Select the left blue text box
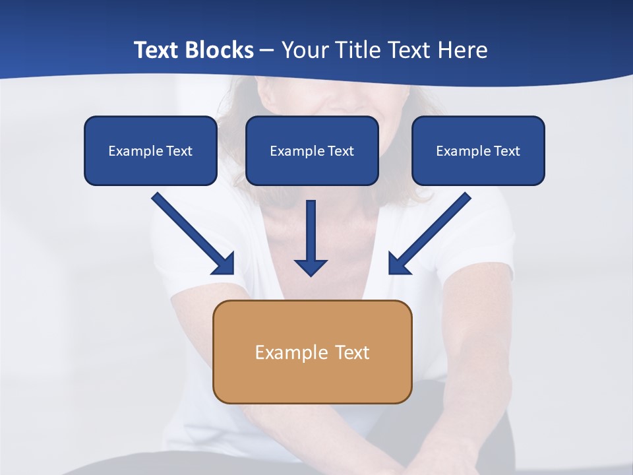click(x=150, y=150)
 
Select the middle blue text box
click(x=312, y=150)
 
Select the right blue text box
click(x=478, y=150)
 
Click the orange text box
click(x=312, y=352)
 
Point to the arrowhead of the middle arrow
click(x=311, y=267)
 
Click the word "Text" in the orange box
click(x=352, y=352)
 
